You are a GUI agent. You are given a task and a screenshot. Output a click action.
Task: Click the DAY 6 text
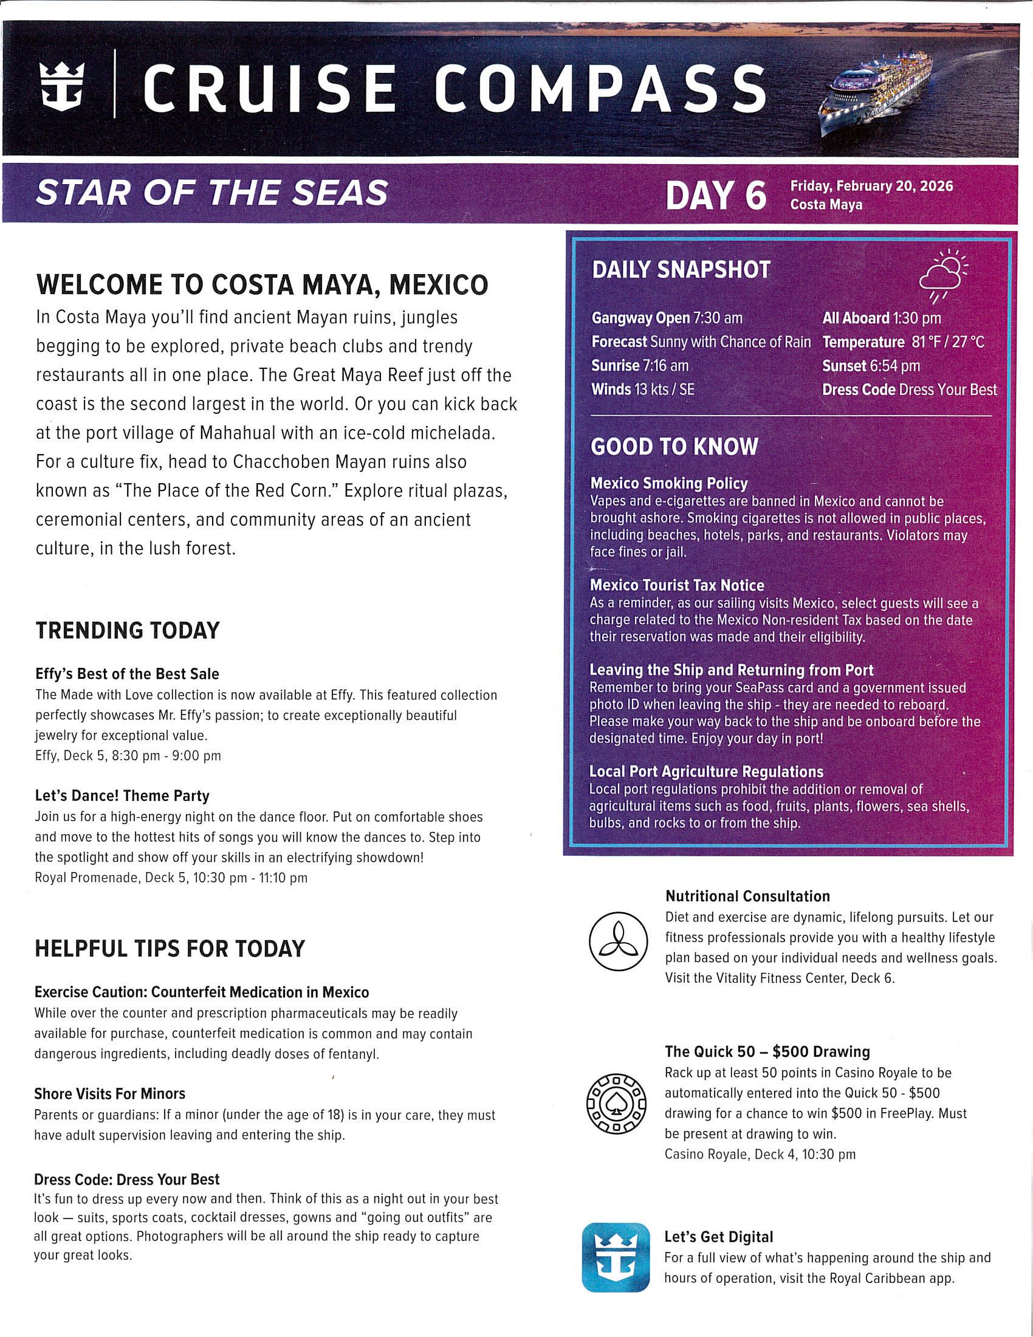[x=715, y=196]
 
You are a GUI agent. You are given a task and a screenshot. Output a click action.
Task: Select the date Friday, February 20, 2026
[x=871, y=186]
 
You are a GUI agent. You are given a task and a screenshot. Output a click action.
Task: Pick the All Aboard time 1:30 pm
[x=916, y=318]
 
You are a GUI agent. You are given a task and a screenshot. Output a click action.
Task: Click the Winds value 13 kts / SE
[x=664, y=390]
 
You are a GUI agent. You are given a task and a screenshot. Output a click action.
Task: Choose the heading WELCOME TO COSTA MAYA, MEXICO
[x=263, y=284]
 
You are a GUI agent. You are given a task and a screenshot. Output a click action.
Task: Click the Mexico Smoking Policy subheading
[x=669, y=484]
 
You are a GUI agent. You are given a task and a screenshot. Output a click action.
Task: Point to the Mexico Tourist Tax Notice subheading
[x=677, y=585]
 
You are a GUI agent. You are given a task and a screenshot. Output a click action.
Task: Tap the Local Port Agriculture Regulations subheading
[x=706, y=772]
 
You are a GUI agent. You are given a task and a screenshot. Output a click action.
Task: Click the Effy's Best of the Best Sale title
[x=127, y=674]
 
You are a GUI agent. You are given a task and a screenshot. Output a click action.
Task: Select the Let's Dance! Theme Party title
[x=122, y=796]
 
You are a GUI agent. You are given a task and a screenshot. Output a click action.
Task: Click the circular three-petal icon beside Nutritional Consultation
[x=618, y=941]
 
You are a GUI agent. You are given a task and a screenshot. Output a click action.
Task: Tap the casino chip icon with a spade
[x=616, y=1103]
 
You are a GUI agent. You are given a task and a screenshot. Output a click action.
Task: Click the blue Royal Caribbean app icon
[x=616, y=1257]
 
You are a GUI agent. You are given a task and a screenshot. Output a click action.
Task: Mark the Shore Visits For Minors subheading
[x=109, y=1094]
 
